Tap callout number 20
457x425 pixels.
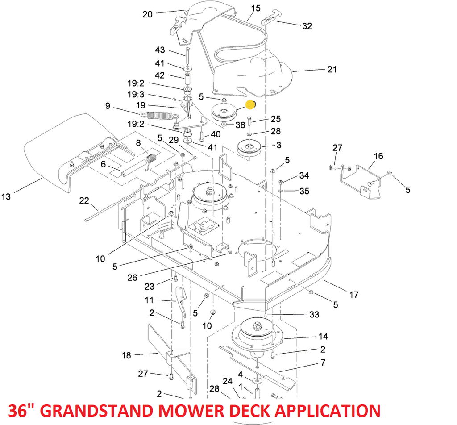[147, 14]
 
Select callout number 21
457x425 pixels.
[332, 69]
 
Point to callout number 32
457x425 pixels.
[307, 26]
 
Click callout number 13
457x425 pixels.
[6, 196]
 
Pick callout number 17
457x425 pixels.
[353, 295]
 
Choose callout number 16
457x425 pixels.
[378, 156]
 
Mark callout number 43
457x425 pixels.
[160, 50]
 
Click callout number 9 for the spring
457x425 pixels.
[108, 106]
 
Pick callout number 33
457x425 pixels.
[314, 315]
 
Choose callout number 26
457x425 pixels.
[132, 277]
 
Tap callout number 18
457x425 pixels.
[126, 355]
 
